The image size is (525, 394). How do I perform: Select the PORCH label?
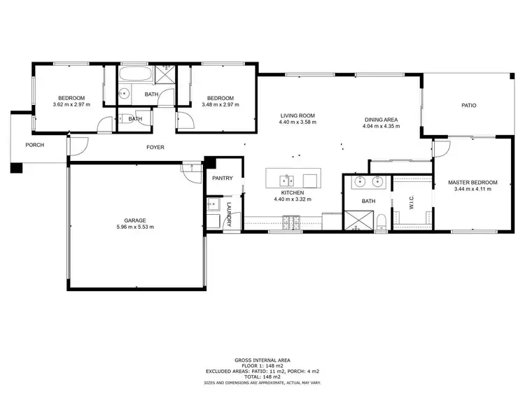point(34,145)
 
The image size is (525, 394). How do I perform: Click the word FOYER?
point(155,147)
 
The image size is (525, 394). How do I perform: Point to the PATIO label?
point(468,106)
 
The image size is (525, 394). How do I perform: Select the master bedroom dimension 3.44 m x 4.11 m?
point(472,190)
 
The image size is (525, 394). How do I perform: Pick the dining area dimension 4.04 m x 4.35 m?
point(381,127)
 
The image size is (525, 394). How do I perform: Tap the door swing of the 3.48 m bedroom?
point(183,120)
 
